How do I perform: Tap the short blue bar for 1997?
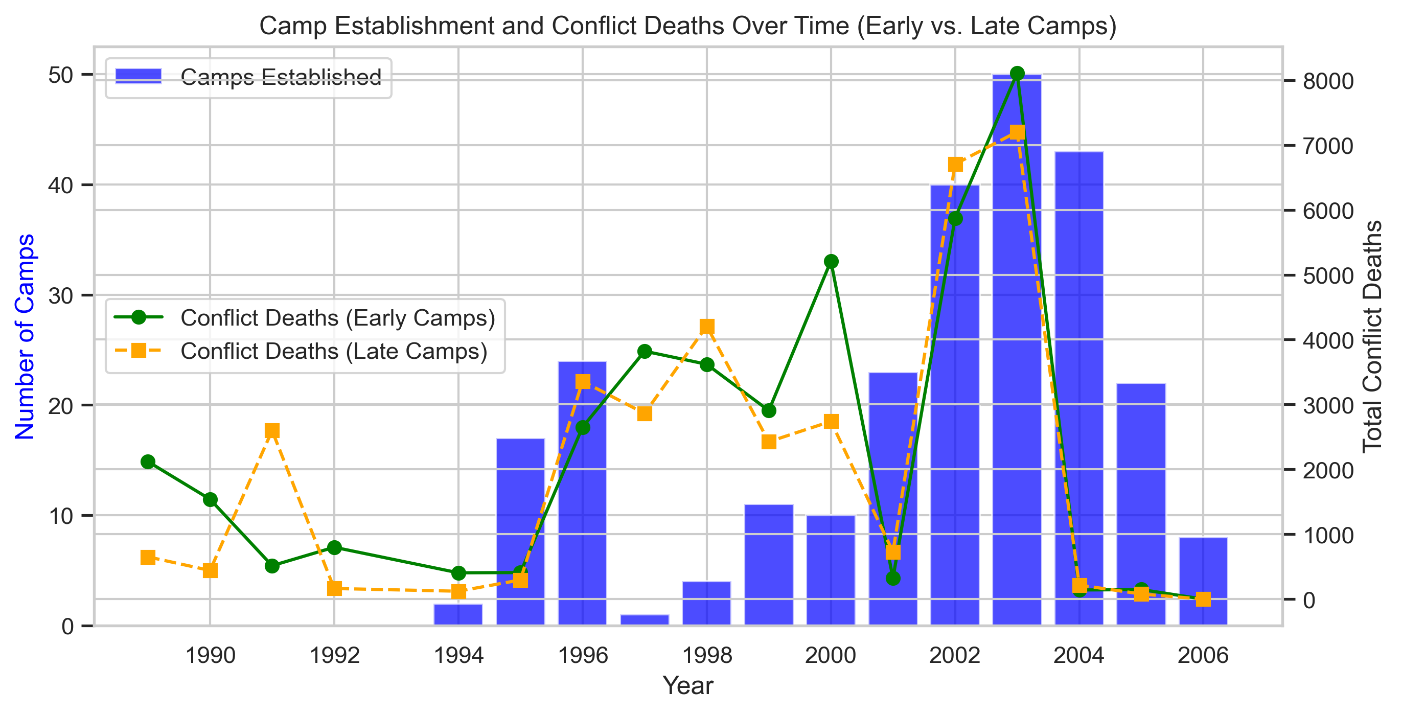tap(645, 620)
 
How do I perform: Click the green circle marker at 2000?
tap(831, 262)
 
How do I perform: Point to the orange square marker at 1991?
tap(272, 431)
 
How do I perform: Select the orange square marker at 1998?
tap(706, 327)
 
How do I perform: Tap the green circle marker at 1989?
tap(148, 462)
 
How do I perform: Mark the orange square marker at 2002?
tap(955, 165)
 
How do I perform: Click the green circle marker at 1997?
tap(645, 352)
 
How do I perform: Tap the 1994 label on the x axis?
tap(458, 656)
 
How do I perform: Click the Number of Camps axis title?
tap(25, 336)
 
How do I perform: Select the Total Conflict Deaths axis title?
tap(1372, 336)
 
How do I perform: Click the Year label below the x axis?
tap(687, 686)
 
